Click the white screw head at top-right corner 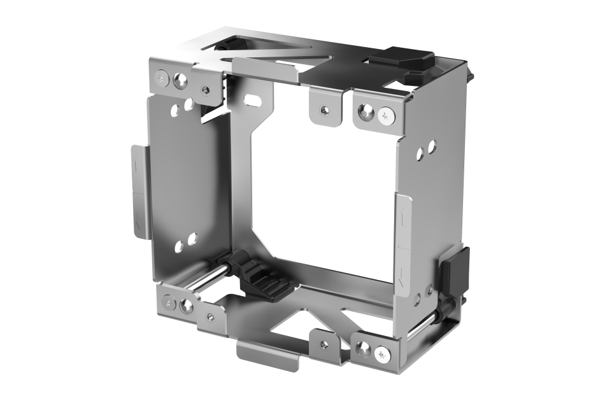tap(386, 115)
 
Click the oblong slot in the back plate tap(253, 100)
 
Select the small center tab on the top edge tap(326, 107)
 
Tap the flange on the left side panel tap(139, 191)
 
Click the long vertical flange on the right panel tap(403, 242)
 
